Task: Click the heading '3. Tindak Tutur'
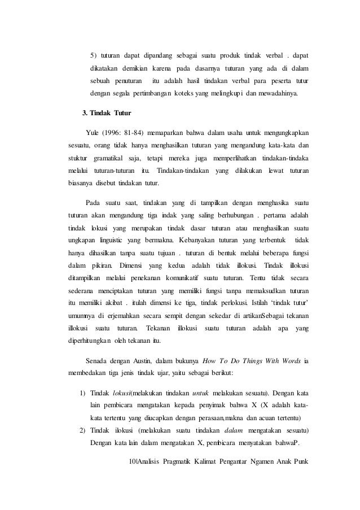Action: tap(107, 114)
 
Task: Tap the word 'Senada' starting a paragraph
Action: tap(98, 360)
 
